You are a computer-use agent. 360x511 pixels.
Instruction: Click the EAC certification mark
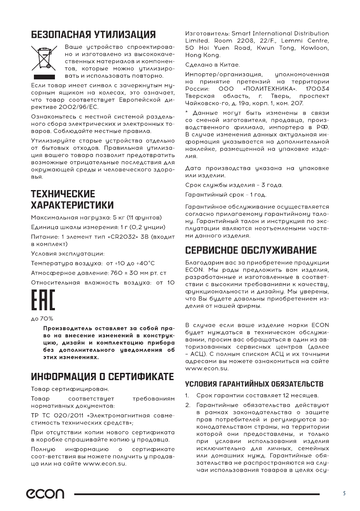[x=43, y=303]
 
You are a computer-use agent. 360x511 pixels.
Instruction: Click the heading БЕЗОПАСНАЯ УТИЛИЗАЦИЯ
[x=93, y=34]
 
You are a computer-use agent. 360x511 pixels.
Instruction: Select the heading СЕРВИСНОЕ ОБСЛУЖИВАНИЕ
[x=257, y=250]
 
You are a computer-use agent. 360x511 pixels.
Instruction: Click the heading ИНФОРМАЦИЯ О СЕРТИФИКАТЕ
[x=103, y=377]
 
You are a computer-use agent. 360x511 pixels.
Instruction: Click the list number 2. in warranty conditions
[x=188, y=405]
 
